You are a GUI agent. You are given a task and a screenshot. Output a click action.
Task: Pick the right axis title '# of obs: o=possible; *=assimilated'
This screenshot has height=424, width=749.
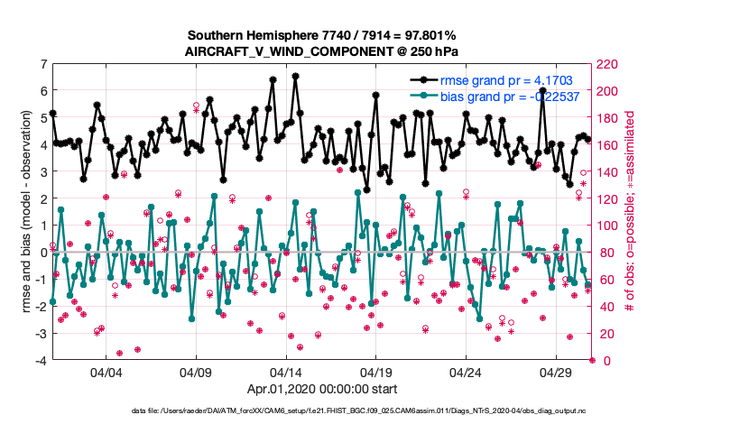(631, 212)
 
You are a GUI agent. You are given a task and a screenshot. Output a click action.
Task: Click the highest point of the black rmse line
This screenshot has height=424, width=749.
(295, 77)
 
